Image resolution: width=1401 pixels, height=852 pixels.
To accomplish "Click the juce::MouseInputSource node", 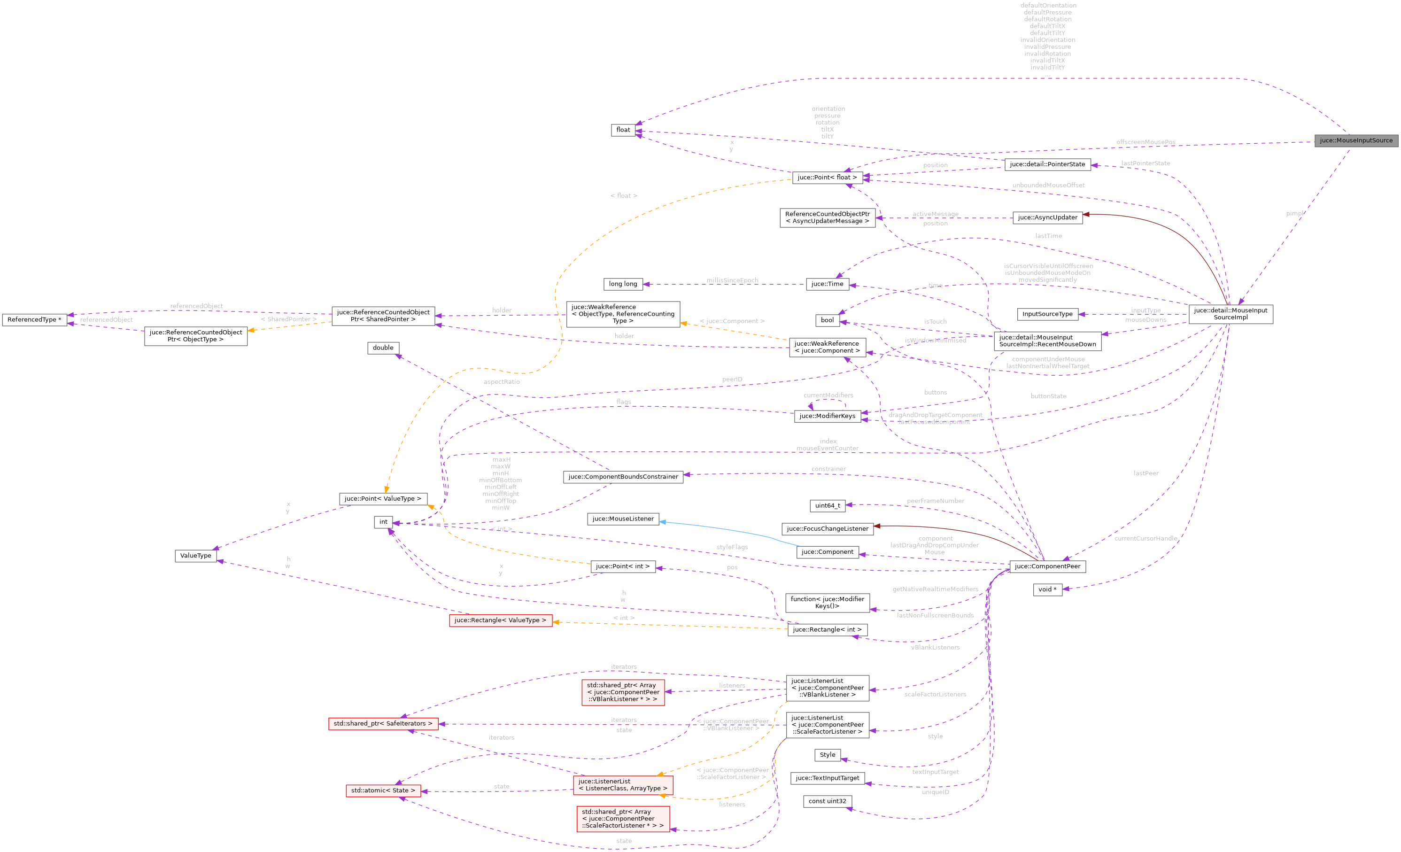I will click(x=1355, y=140).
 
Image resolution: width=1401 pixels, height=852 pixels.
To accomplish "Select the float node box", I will click(x=623, y=130).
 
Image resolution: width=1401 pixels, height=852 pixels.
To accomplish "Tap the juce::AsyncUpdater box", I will click(x=1047, y=217).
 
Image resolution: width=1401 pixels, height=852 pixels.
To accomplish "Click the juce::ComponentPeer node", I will click(x=1047, y=566).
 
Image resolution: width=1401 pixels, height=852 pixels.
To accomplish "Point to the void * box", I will click(x=1047, y=589).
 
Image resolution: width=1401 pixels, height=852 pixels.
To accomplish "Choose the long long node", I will click(x=623, y=284).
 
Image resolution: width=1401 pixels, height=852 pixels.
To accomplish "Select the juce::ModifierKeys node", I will click(x=827, y=416).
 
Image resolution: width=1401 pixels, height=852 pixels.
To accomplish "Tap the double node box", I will click(x=383, y=348).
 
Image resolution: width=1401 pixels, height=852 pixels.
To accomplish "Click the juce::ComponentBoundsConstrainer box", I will click(x=623, y=477).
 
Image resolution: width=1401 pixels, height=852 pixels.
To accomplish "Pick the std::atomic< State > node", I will click(x=383, y=790).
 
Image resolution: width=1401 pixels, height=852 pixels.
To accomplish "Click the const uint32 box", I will click(x=827, y=801).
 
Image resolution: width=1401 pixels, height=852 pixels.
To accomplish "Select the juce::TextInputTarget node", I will click(x=827, y=778).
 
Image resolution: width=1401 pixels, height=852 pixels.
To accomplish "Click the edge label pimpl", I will click(x=1294, y=213).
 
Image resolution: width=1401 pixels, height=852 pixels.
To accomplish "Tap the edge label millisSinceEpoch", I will click(x=732, y=280).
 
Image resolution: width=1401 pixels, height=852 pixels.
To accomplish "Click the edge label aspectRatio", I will click(x=501, y=382).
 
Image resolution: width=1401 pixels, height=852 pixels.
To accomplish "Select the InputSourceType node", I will click(x=1047, y=314).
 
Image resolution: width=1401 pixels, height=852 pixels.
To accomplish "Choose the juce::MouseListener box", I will click(x=623, y=519).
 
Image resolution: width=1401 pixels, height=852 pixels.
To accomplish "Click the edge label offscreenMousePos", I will click(x=1145, y=142).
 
